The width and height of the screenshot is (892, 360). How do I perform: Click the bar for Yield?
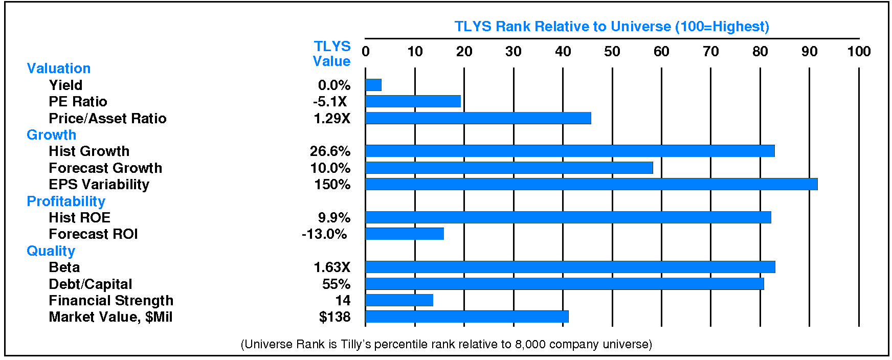[373, 85]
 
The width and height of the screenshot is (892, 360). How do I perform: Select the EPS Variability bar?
[591, 184]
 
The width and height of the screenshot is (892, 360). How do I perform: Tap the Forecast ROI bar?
[405, 234]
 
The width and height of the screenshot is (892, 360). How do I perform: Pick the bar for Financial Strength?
[399, 300]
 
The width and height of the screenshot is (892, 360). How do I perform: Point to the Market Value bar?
[466, 317]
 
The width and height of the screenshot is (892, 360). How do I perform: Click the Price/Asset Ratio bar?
[478, 118]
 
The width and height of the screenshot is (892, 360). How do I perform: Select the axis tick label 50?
[612, 52]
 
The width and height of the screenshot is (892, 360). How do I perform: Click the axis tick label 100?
[859, 52]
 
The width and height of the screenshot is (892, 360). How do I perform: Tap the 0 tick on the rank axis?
[365, 52]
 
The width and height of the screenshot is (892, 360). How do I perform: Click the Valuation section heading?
[58, 69]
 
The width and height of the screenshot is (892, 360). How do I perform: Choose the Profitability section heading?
[65, 201]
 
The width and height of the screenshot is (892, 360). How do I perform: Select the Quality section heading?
[51, 251]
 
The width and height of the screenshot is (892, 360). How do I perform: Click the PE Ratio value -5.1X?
[330, 102]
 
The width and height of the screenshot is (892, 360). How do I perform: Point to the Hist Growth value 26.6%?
[330, 151]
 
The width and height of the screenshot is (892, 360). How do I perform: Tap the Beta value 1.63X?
[332, 267]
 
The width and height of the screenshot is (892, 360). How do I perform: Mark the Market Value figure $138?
[334, 317]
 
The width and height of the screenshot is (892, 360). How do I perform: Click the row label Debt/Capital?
[90, 284]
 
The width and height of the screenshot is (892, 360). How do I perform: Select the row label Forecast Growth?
[105, 168]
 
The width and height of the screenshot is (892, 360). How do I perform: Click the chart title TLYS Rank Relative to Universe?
[612, 27]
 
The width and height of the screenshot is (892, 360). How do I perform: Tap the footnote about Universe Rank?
[446, 344]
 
